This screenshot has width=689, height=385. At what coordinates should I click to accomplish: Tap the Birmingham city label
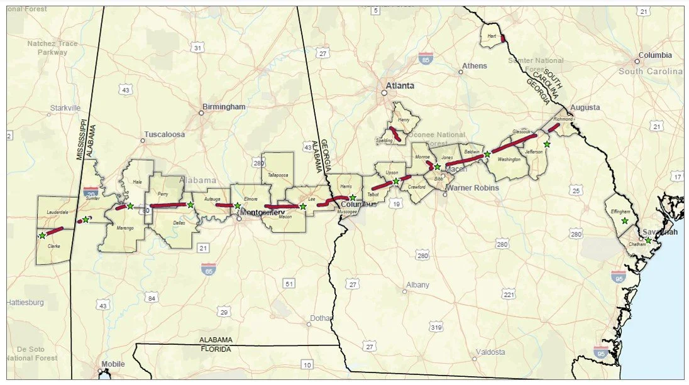coord(224,107)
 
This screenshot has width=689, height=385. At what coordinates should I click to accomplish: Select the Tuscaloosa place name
coord(165,134)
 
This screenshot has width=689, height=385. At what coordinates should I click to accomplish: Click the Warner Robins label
coord(472,188)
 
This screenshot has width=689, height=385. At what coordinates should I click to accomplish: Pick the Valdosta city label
coord(490,352)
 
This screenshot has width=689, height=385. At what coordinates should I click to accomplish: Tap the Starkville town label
coord(65,108)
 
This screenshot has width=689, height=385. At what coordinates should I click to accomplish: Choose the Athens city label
coord(474,66)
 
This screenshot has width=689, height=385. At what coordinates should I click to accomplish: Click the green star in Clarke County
coord(42,236)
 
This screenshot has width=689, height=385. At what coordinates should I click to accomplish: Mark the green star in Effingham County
coord(624,220)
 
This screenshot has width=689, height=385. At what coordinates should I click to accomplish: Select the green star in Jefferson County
coord(547,144)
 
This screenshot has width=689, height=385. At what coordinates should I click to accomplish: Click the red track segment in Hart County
coord(502,38)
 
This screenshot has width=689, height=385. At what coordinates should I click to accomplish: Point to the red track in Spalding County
coord(394,133)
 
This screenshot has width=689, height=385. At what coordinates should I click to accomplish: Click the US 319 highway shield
coord(436,327)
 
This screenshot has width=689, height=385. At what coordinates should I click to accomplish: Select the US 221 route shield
coord(508,295)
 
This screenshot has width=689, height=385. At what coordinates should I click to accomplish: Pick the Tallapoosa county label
coord(277,175)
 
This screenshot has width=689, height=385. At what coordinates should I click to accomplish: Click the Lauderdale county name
coord(56,212)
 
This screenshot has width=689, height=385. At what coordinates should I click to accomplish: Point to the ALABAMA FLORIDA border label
coord(216,344)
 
